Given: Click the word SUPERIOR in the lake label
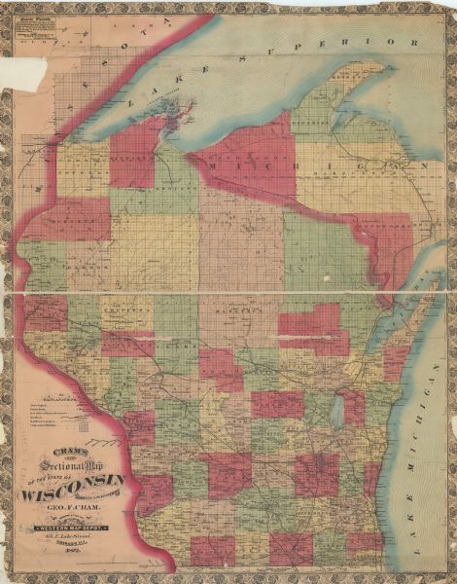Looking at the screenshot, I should [369, 45].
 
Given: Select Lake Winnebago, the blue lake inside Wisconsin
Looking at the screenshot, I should [336, 413].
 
